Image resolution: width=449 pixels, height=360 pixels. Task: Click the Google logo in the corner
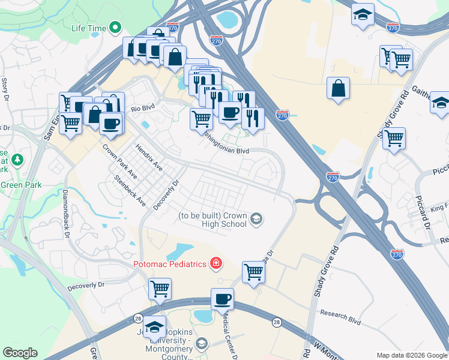[20, 353]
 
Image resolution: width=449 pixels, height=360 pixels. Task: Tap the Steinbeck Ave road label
[130, 191]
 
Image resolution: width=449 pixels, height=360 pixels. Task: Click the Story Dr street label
[5, 91]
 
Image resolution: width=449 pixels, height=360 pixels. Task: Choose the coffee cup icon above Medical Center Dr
[222, 298]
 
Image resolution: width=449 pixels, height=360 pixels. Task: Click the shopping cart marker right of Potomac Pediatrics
[253, 272]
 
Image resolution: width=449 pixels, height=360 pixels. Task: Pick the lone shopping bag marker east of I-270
[338, 88]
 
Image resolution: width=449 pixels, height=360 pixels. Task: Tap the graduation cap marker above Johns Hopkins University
[154, 326]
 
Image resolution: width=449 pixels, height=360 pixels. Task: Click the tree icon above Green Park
[18, 160]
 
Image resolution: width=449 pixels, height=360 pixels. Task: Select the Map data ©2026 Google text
[411, 355]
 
